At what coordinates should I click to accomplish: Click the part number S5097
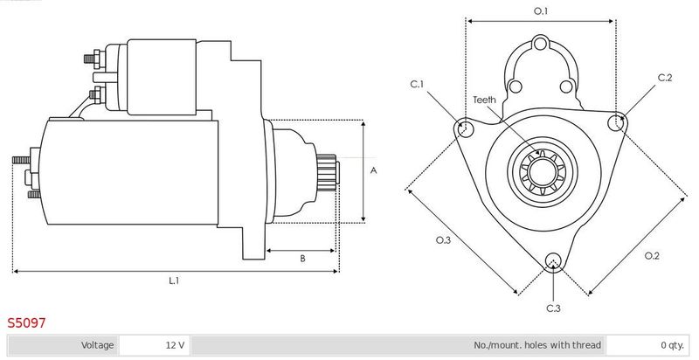pyautogui.click(x=26, y=322)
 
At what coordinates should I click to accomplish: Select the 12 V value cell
pyautogui.click(x=155, y=345)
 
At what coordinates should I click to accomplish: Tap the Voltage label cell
pyautogui.click(x=63, y=345)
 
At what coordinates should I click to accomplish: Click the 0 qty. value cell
pyautogui.click(x=647, y=345)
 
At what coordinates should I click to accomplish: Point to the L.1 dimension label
pyautogui.click(x=174, y=280)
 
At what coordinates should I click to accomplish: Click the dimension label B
pyautogui.click(x=302, y=259)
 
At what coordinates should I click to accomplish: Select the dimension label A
pyautogui.click(x=374, y=170)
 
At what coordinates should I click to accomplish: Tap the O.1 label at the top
pyautogui.click(x=541, y=11)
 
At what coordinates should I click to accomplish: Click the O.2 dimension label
pyautogui.click(x=652, y=255)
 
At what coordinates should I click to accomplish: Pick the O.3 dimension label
pyautogui.click(x=443, y=240)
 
